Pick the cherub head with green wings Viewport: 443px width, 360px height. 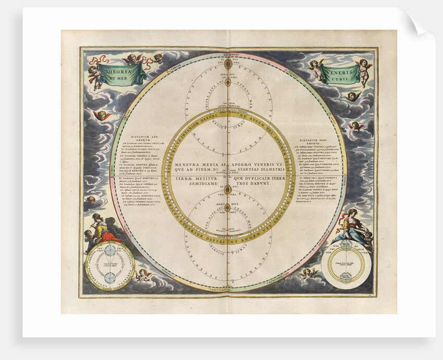(x=352, y=96)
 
